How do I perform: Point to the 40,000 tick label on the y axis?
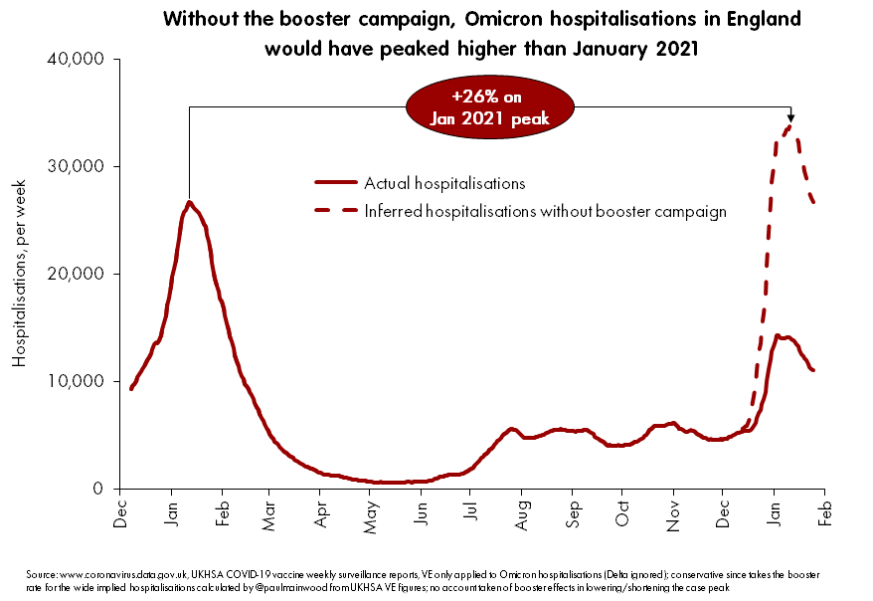click(76, 60)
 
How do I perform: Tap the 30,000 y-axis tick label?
click(76, 167)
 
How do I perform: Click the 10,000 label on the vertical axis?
click(76, 381)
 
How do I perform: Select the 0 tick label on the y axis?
click(97, 489)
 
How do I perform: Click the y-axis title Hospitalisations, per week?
click(19, 274)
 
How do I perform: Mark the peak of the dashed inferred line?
click(790, 126)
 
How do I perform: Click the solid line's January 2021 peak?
click(189, 203)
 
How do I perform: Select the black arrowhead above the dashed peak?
click(790, 116)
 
